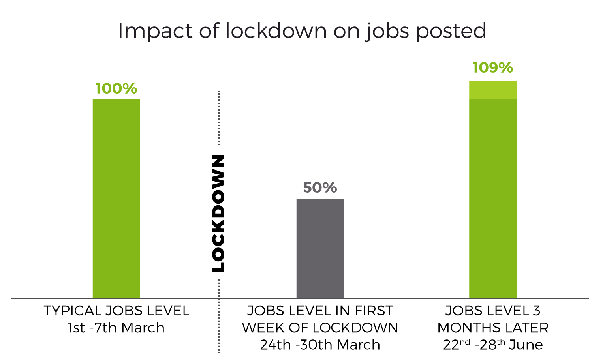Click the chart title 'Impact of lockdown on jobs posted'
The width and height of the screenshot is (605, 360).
(x=302, y=31)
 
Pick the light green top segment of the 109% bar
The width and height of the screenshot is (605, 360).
(x=492, y=90)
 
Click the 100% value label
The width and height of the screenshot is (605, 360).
(x=116, y=88)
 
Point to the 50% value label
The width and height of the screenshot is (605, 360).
(x=320, y=187)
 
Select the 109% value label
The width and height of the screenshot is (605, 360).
(x=492, y=67)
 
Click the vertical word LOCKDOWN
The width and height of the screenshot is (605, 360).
(x=218, y=213)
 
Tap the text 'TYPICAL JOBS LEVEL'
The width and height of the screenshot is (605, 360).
(x=116, y=311)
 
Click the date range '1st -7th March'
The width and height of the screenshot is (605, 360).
(x=116, y=328)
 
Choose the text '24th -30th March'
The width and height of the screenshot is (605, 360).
(x=320, y=345)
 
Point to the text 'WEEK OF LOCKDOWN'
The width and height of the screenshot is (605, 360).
(x=320, y=328)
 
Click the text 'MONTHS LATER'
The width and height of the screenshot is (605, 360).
(x=493, y=328)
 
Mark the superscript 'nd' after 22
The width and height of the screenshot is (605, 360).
(x=466, y=342)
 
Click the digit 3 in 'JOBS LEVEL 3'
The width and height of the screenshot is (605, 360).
(x=536, y=311)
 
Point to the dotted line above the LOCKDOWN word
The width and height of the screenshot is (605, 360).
(x=218, y=118)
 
